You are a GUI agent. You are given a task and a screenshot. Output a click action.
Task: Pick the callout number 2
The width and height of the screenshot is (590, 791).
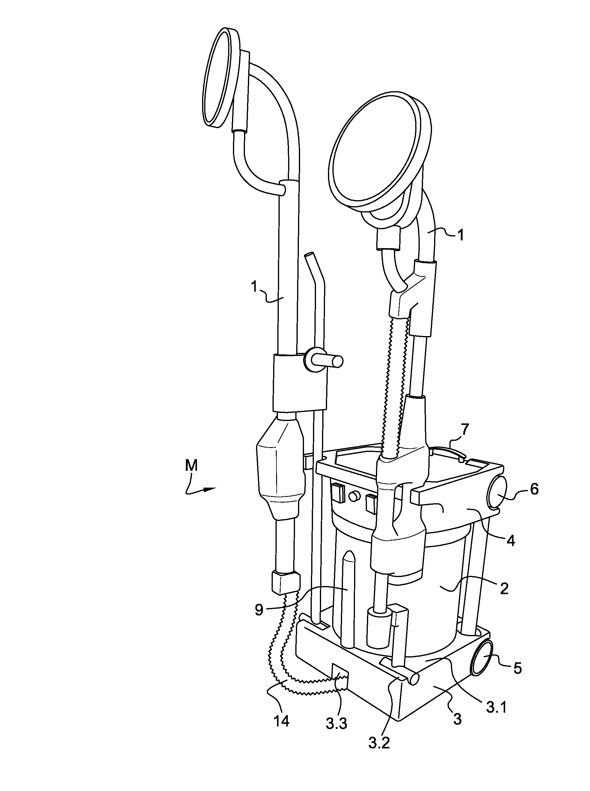coord(504,588)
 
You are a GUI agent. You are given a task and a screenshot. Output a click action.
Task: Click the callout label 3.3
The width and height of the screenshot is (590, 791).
coord(336,724)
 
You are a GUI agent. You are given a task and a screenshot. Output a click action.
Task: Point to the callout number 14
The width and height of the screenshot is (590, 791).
coord(281,721)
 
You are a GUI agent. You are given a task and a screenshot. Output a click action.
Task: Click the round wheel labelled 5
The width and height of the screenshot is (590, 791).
coord(482,658)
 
